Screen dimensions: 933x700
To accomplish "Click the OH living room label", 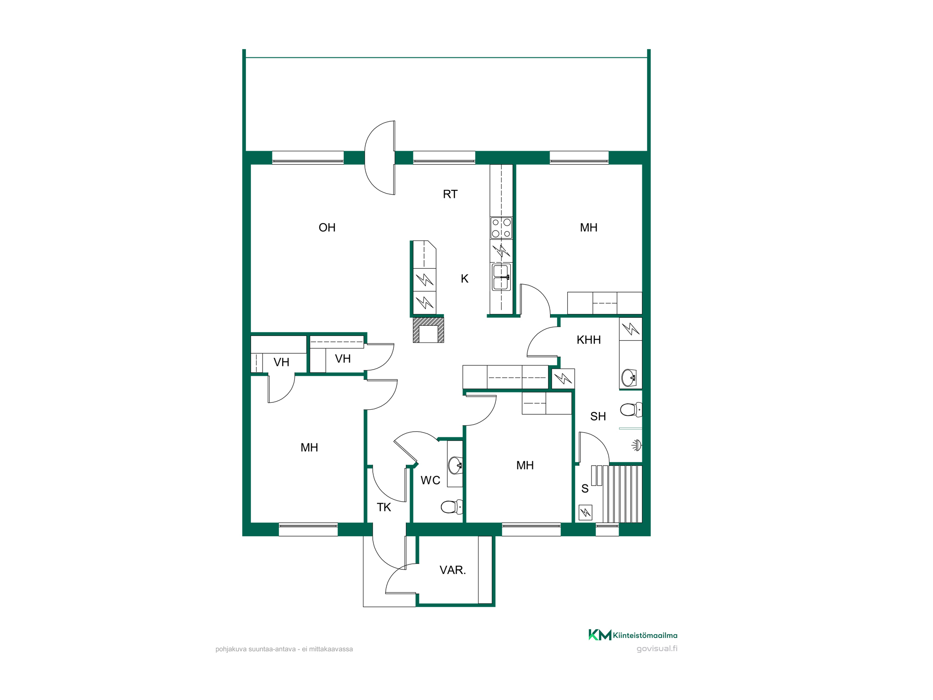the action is coord(327,228).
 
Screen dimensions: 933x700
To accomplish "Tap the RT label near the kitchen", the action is coord(450,194).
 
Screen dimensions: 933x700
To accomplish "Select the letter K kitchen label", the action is coord(465,279).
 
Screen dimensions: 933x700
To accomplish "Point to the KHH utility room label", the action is coord(589,340).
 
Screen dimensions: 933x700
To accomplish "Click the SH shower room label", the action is coord(598,416).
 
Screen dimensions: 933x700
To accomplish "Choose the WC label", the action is coord(430,480).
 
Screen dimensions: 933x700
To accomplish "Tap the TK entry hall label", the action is coord(384,507).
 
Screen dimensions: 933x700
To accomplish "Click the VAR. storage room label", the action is coord(453,570).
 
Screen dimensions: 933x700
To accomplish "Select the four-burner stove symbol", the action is coord(501,228).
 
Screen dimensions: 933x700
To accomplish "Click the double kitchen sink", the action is coord(501,277).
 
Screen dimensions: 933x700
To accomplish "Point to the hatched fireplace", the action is coord(428,330).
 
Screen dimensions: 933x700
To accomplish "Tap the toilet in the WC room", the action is coord(452,506).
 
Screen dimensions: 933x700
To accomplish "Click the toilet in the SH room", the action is coord(631,410).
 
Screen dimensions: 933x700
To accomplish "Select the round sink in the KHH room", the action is coord(629,378).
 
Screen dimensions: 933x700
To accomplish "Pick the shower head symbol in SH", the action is coord(637,445).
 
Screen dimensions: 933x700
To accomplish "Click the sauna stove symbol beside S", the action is coord(585,513).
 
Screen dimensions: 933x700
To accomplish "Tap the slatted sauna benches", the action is coord(622,494).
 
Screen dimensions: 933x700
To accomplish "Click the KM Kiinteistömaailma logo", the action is coord(633,635).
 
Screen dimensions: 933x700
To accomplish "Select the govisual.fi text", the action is coord(657,649).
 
